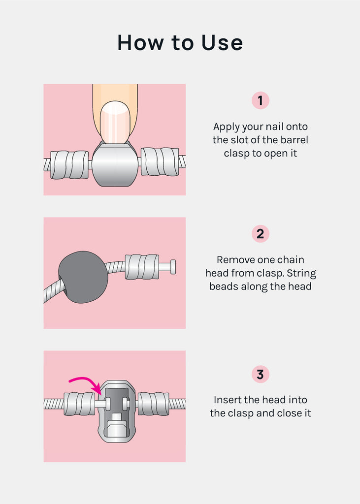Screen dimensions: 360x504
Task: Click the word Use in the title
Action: point(222,42)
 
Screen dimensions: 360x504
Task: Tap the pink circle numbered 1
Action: point(260,100)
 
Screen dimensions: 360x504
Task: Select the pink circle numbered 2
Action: point(260,234)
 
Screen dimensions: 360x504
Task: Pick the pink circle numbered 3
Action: point(260,374)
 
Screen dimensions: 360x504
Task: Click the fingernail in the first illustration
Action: point(115,122)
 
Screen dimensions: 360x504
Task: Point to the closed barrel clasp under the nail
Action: point(115,163)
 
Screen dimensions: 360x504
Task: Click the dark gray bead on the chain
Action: point(83,277)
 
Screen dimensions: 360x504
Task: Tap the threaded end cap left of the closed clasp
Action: point(69,164)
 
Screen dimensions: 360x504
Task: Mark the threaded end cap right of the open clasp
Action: point(153,404)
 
